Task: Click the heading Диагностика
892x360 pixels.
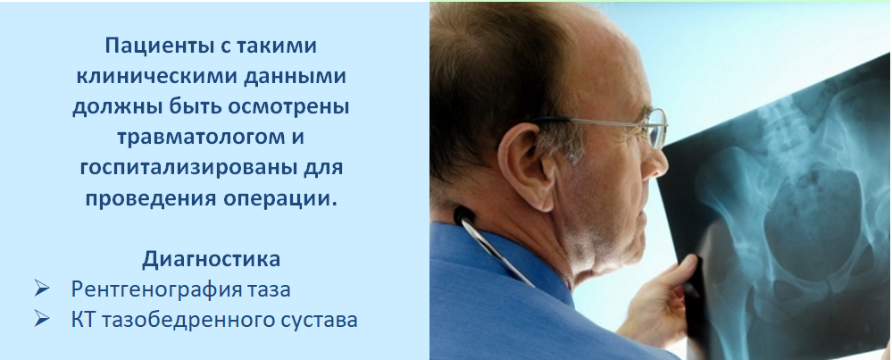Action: pyautogui.click(x=211, y=260)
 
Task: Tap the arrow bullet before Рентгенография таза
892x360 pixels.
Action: pyautogui.click(x=42, y=289)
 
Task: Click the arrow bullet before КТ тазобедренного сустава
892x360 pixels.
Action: pyautogui.click(x=42, y=319)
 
